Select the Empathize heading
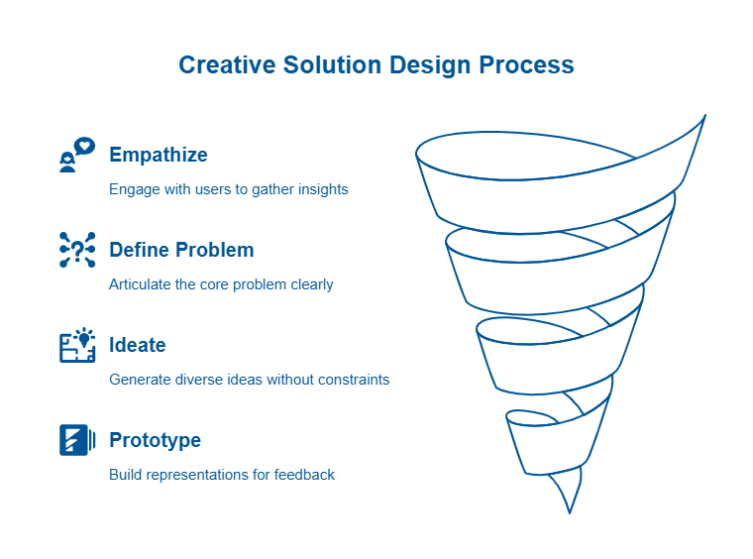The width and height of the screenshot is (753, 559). (159, 156)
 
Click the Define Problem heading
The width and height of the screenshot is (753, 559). (181, 250)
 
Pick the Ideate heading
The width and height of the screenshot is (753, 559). (138, 345)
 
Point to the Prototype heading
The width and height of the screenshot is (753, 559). (156, 440)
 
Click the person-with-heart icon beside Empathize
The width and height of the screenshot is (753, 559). (77, 155)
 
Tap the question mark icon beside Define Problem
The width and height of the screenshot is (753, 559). (77, 250)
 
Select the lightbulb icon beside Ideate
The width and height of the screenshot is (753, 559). (77, 345)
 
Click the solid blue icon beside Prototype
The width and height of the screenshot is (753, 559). (77, 440)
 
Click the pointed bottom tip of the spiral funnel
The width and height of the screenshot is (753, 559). (570, 512)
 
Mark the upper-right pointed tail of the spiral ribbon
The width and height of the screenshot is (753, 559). (705, 115)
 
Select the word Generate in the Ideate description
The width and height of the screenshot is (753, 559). (140, 380)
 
